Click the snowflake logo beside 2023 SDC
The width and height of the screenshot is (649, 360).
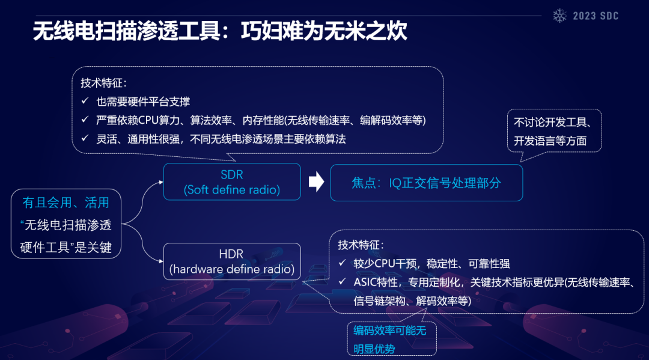[559, 16]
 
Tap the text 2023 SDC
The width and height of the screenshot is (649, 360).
[596, 16]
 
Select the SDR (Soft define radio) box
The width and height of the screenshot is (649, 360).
[232, 182]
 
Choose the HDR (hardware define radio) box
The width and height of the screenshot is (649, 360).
[232, 261]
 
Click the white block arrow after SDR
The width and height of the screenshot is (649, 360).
[316, 182]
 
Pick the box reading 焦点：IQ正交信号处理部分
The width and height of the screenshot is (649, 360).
[426, 183]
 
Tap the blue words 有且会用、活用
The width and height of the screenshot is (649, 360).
[66, 203]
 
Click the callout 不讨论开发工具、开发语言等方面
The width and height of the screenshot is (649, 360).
[553, 132]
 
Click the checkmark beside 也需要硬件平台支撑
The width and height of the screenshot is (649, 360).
[85, 102]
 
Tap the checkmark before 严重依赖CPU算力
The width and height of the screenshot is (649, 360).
[85, 120]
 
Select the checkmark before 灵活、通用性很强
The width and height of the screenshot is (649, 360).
[85, 139]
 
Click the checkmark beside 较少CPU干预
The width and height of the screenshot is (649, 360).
[342, 264]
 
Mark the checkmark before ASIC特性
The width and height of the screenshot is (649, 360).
[342, 282]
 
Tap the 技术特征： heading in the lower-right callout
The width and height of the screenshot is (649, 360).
[361, 245]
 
